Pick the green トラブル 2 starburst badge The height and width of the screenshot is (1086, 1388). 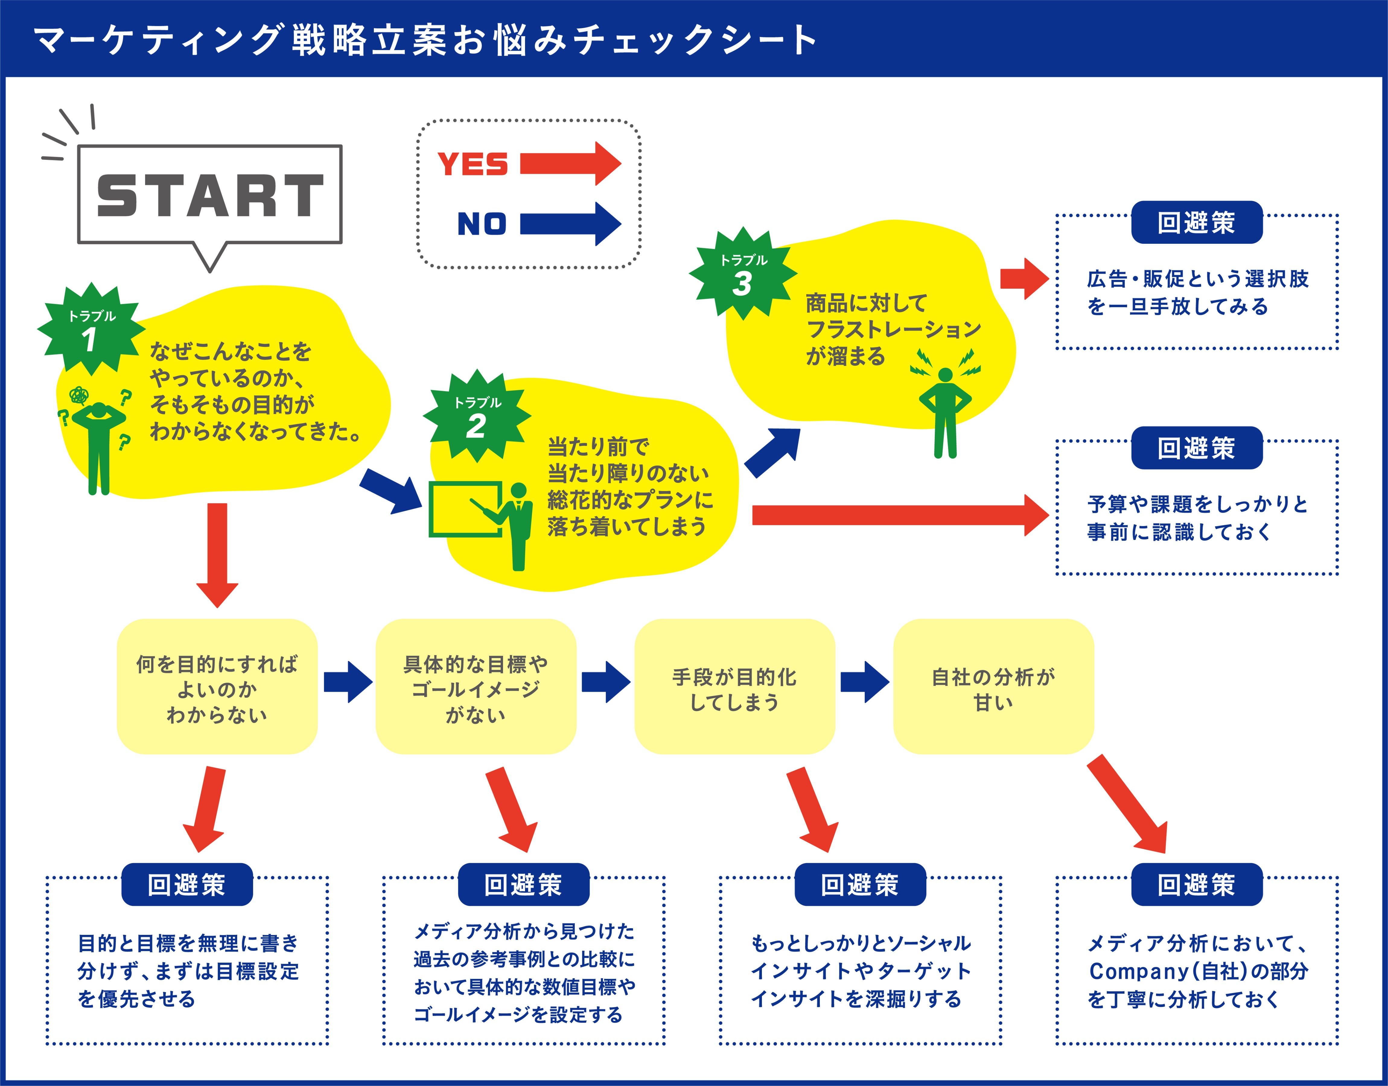point(477,417)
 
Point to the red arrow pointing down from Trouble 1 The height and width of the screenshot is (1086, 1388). point(217,553)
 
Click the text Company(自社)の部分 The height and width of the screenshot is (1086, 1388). point(1198,971)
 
